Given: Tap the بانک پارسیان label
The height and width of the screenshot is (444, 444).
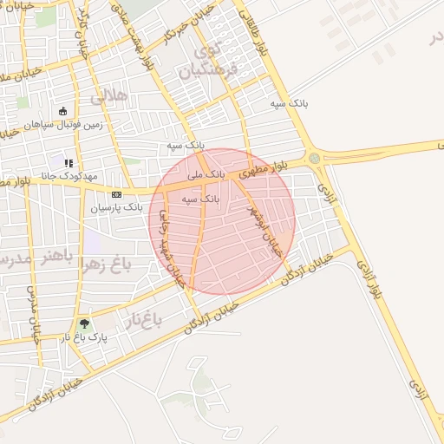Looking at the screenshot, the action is pos(121,208).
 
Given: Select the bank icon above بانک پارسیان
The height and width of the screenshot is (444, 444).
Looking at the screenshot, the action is pos(116,193).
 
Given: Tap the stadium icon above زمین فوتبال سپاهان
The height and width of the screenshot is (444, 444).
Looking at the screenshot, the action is pos(63,111).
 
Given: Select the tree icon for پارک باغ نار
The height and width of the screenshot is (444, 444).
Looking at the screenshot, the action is pos(83,323).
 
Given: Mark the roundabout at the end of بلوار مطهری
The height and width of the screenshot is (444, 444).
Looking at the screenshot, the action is pos(314,158).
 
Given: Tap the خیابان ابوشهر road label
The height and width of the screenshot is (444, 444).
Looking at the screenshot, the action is pos(264,227).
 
